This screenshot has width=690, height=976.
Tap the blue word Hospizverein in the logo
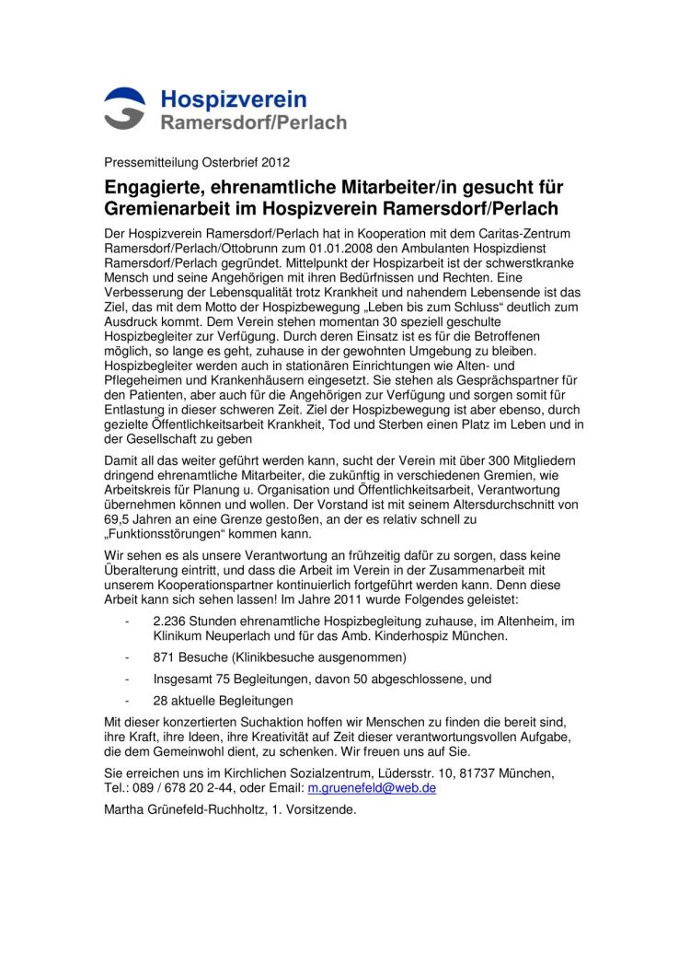[234, 99]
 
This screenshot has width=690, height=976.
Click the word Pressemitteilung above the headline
[150, 163]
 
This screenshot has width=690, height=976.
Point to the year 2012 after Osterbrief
[274, 163]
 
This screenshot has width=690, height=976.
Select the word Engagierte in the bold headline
[155, 188]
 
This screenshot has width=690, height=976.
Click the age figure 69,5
[117, 520]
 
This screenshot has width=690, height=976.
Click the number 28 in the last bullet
[161, 701]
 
